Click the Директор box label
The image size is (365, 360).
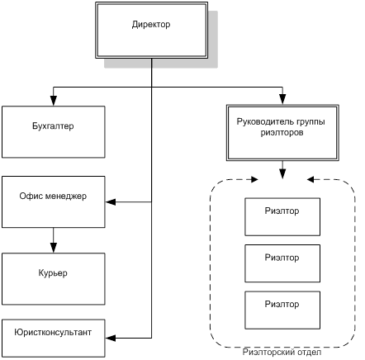(x=151, y=25)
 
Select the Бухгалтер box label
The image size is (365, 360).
(x=53, y=126)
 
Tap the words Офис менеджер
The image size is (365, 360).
(x=53, y=196)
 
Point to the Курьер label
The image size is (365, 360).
(x=53, y=273)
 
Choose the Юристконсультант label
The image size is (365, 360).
(x=53, y=332)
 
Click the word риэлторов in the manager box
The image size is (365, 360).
(x=282, y=133)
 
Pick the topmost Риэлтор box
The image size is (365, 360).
(x=282, y=217)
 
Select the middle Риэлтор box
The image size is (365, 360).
(x=282, y=263)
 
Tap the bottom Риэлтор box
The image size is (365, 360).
(x=282, y=310)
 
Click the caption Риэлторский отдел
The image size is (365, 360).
(x=282, y=352)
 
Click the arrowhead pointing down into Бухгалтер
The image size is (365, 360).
(x=54, y=101)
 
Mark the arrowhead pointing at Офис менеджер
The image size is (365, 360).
(x=111, y=202)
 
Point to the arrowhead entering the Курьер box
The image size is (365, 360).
(x=54, y=248)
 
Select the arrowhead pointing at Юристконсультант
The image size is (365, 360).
(x=111, y=338)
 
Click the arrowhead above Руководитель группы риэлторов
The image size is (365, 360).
(x=282, y=99)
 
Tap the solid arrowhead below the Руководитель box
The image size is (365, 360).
(x=282, y=174)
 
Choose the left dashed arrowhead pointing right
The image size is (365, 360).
(x=254, y=180)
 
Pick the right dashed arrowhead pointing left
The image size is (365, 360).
(x=310, y=180)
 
